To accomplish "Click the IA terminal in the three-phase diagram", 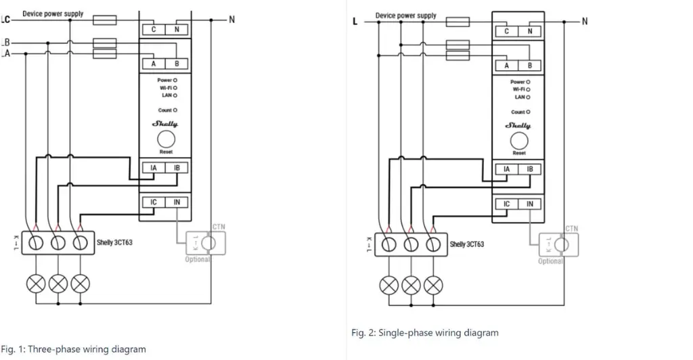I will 154,167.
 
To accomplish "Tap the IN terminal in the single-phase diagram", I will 530,204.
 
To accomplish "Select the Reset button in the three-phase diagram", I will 166,139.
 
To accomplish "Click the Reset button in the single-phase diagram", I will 518,141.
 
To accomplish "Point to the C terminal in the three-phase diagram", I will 154,29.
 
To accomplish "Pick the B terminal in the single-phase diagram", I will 530,66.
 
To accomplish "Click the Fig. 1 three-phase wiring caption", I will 73,349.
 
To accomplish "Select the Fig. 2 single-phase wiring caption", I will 425,333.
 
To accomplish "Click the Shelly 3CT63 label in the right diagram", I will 467,244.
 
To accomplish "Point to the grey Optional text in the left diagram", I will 198,259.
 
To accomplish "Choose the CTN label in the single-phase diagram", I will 572,229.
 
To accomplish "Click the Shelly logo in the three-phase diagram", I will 166,123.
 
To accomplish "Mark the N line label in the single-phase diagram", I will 585,22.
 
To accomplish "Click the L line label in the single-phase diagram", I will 355,22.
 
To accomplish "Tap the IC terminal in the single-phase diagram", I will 506,204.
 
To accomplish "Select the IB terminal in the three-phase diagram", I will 177,167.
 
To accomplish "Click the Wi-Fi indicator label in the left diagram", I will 166,88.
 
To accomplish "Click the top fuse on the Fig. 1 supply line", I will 106,21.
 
